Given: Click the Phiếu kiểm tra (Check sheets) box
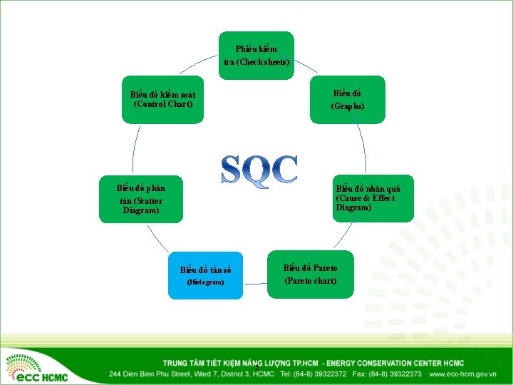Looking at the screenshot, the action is tap(256, 56).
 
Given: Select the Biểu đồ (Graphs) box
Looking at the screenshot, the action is tap(348, 100).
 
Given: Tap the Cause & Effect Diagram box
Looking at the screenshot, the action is tap(372, 198).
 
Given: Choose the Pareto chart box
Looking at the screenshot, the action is tap(310, 274).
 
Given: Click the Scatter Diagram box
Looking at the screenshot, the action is tap(141, 199).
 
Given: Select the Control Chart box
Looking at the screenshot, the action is tap(162, 100).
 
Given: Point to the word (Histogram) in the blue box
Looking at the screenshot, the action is tap(205, 283).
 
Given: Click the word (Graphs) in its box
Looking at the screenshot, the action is tap(348, 106).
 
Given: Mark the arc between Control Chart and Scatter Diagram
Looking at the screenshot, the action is tap(133, 149).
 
